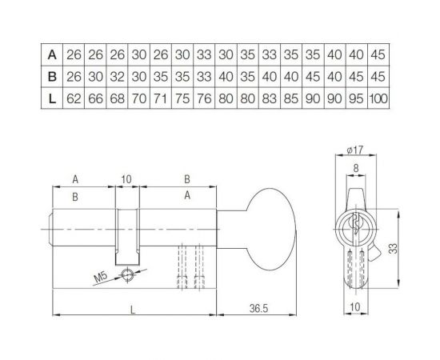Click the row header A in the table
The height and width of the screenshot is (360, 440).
pyautogui.click(x=51, y=55)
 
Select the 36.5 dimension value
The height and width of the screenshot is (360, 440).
pyautogui.click(x=258, y=306)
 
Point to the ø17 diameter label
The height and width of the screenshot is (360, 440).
pyautogui.click(x=357, y=150)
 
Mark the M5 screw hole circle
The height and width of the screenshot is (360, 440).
pyautogui.click(x=126, y=274)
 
